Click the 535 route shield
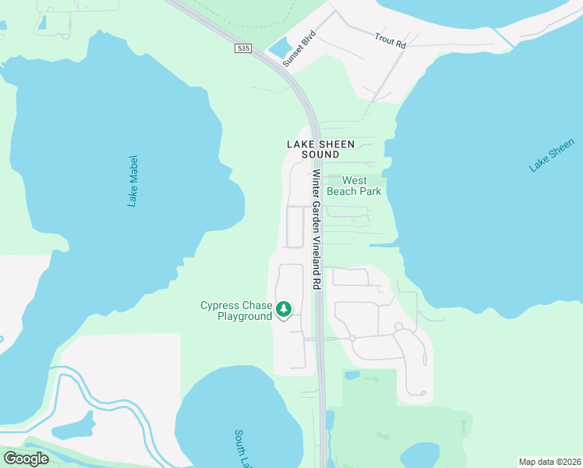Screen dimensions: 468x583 tap(244, 48)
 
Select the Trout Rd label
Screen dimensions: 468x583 tap(390, 41)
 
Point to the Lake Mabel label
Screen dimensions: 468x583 tap(132, 180)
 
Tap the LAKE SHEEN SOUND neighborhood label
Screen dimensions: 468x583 tap(320, 149)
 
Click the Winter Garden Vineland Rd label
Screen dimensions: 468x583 tap(317, 230)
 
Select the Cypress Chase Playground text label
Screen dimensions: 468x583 tap(236, 310)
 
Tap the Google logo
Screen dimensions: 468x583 tap(26, 459)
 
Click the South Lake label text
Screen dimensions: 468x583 tap(242, 445)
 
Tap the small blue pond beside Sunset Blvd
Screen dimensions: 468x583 tap(278, 48)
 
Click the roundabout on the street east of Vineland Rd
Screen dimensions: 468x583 tap(352, 339)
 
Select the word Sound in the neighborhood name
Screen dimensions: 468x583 tap(320, 154)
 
